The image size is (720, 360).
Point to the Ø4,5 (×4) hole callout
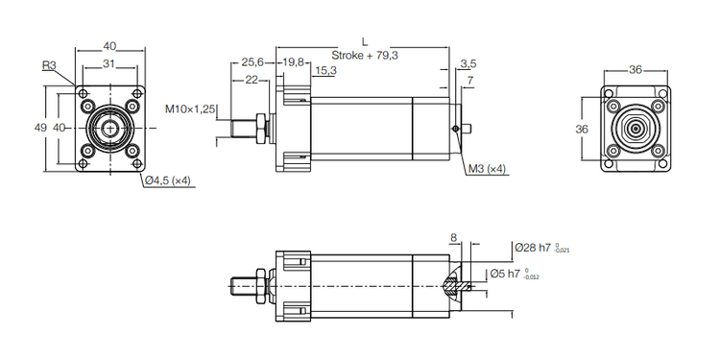click(169, 180)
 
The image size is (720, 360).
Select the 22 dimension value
click(251, 80)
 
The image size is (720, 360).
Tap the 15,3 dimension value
click(325, 70)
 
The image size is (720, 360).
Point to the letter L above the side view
click(364, 40)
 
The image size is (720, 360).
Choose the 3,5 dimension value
click(468, 63)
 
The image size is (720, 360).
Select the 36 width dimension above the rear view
click(635, 69)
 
